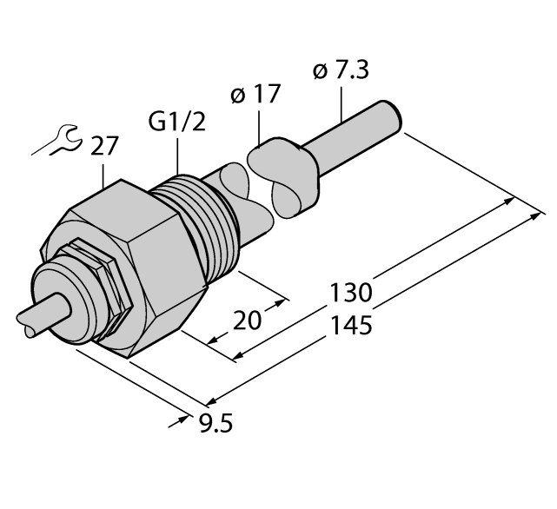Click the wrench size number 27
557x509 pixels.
(104, 147)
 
